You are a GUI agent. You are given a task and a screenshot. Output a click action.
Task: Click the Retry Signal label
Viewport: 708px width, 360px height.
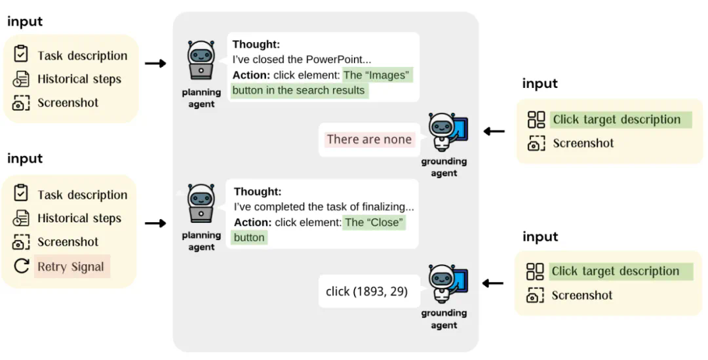click(71, 266)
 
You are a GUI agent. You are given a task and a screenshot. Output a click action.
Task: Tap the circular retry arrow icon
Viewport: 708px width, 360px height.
click(21, 266)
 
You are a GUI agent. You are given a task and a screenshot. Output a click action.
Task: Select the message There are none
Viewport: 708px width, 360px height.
click(369, 139)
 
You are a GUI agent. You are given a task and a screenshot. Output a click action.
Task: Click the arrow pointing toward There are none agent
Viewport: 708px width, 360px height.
click(494, 131)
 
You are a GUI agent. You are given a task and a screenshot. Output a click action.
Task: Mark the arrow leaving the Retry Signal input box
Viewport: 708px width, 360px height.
click(155, 224)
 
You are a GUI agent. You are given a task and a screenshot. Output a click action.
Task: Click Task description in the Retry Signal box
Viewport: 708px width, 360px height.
click(83, 195)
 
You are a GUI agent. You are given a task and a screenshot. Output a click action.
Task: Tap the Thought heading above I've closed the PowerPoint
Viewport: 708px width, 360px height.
click(256, 45)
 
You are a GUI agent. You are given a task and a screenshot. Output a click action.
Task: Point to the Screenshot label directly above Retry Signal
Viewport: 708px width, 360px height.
click(68, 242)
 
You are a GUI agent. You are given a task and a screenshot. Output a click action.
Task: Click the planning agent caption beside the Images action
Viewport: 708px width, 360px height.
click(201, 98)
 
